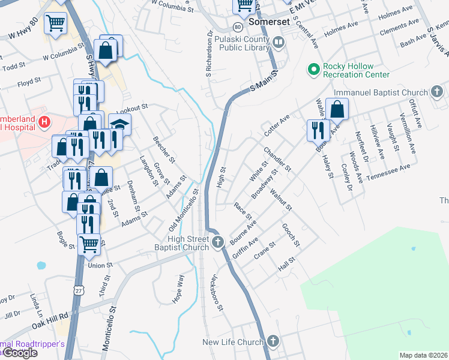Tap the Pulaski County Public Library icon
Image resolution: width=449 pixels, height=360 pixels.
click(x=279, y=43)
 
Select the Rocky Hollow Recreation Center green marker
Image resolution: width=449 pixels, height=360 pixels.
click(x=313, y=70)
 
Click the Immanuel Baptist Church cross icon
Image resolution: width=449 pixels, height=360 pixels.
click(x=438, y=92)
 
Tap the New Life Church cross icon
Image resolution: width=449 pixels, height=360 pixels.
click(x=273, y=342)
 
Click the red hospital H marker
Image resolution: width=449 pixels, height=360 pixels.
click(x=43, y=123)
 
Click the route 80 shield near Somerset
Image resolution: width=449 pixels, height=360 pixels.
click(x=238, y=28)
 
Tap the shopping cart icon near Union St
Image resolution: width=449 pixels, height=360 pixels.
click(x=89, y=243)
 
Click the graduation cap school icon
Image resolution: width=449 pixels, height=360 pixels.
click(x=120, y=125)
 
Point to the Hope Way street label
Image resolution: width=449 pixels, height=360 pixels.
click(x=179, y=288)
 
